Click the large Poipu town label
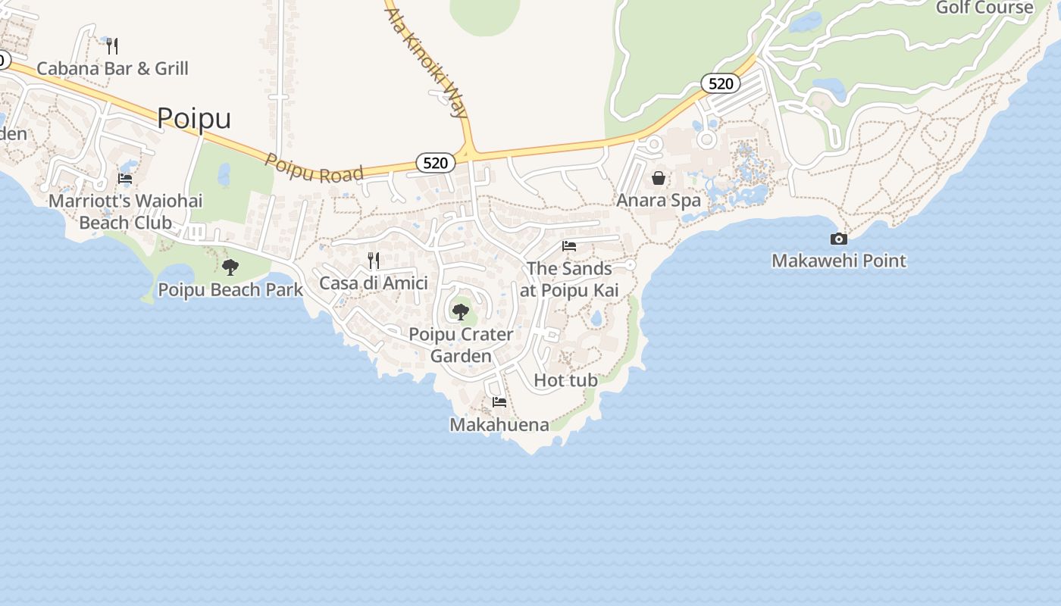click(x=194, y=119)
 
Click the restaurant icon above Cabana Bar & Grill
click(x=112, y=46)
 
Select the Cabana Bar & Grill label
click(x=112, y=68)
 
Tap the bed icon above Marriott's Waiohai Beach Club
click(x=125, y=179)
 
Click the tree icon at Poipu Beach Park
click(x=230, y=267)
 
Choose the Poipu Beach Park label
click(x=230, y=289)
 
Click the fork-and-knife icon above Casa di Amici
click(x=374, y=261)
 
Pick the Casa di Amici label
click(x=374, y=283)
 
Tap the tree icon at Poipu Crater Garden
click(x=460, y=311)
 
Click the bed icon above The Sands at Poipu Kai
click(x=569, y=246)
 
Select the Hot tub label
click(x=566, y=380)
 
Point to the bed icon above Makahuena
click(x=499, y=402)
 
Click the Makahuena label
click(x=499, y=425)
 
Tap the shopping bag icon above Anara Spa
click(x=659, y=178)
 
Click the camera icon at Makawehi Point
click(x=839, y=239)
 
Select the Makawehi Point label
click(x=839, y=261)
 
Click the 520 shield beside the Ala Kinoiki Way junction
click(x=436, y=162)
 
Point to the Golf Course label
click(x=984, y=8)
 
